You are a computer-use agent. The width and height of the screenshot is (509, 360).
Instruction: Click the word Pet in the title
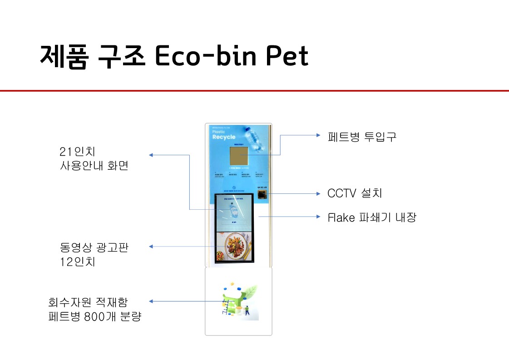(287, 56)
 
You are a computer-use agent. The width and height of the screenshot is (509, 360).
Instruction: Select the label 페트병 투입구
(362, 137)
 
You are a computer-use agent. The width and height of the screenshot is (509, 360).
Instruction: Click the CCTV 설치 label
(355, 193)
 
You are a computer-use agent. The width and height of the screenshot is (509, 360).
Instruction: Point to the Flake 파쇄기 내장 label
(372, 217)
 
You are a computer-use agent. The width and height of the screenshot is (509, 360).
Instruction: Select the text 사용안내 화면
(94, 166)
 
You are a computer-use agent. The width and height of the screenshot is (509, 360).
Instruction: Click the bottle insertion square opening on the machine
(238, 156)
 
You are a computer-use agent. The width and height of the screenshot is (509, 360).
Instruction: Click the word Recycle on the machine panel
(224, 137)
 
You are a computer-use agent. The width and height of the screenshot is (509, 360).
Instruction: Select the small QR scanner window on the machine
(262, 195)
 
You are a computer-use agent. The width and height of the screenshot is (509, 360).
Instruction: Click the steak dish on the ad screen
(237, 246)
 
